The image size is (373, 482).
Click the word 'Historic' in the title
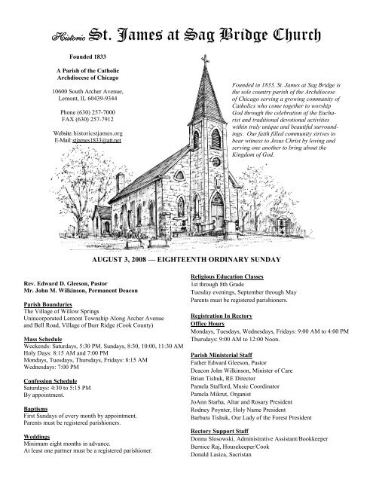coord(65,35)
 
